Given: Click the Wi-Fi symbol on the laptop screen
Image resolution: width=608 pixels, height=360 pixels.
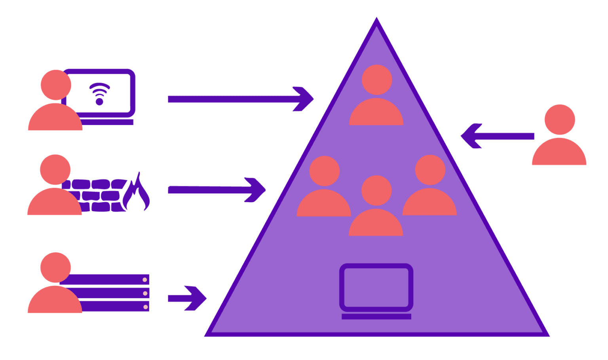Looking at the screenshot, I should click(99, 94).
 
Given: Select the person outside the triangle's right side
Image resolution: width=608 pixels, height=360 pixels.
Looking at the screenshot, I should click(559, 136).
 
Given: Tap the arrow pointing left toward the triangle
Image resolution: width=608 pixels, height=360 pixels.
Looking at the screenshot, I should click(497, 136).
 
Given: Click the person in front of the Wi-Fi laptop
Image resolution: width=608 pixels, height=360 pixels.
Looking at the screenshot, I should click(55, 101).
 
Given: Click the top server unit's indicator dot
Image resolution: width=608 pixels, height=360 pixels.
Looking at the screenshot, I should click(145, 280).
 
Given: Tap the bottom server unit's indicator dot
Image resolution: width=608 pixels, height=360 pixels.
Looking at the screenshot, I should click(145, 307).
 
